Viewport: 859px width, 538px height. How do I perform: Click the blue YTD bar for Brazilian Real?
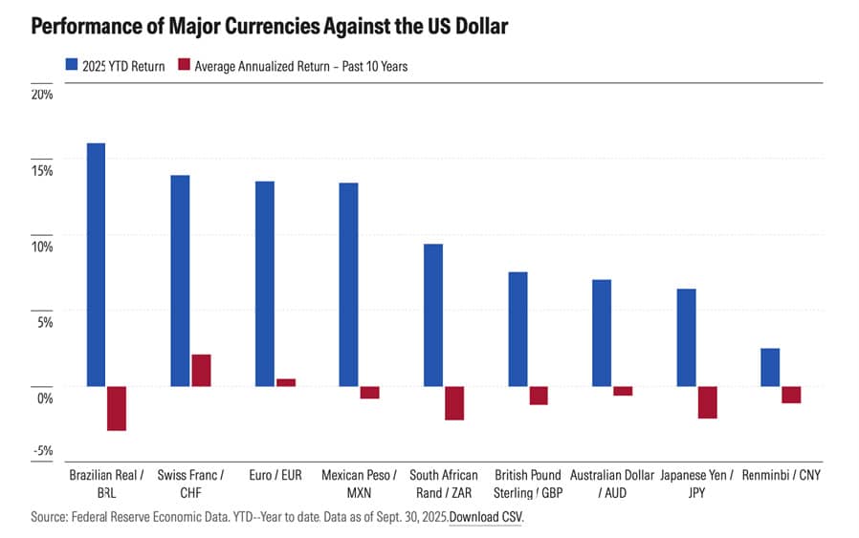point(96,265)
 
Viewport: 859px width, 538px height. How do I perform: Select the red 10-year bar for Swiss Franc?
point(201,370)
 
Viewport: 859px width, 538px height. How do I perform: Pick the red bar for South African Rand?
point(454,402)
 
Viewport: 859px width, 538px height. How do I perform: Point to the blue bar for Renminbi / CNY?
point(770,367)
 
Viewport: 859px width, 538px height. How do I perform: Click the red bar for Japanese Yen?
point(707,401)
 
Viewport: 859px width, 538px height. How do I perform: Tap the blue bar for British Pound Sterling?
point(518,329)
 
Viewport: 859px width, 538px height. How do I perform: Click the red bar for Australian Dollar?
point(623,390)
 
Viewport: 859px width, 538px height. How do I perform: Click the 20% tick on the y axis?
point(42,94)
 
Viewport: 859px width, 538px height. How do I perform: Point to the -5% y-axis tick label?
point(42,451)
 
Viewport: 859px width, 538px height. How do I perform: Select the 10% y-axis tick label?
point(42,247)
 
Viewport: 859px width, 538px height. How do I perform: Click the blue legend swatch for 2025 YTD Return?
point(70,66)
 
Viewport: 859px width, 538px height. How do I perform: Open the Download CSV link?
point(486,517)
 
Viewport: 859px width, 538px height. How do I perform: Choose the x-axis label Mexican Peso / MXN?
point(359,483)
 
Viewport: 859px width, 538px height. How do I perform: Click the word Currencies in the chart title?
point(240,26)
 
